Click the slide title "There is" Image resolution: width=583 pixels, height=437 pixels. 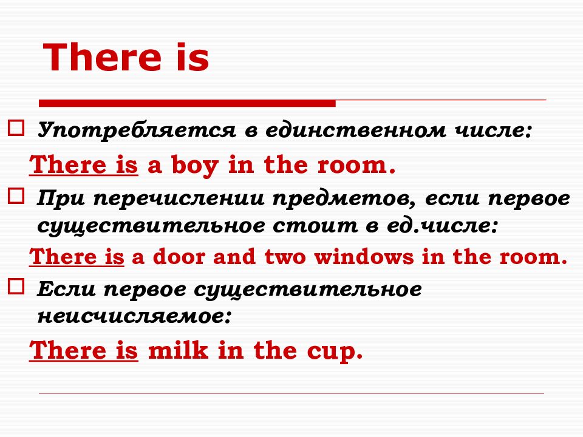127,59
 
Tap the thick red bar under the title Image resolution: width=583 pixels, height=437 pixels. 187,103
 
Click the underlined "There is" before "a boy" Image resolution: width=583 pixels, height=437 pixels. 84,165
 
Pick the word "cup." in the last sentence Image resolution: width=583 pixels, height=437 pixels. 333,351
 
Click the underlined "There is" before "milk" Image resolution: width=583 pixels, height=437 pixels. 84,350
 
